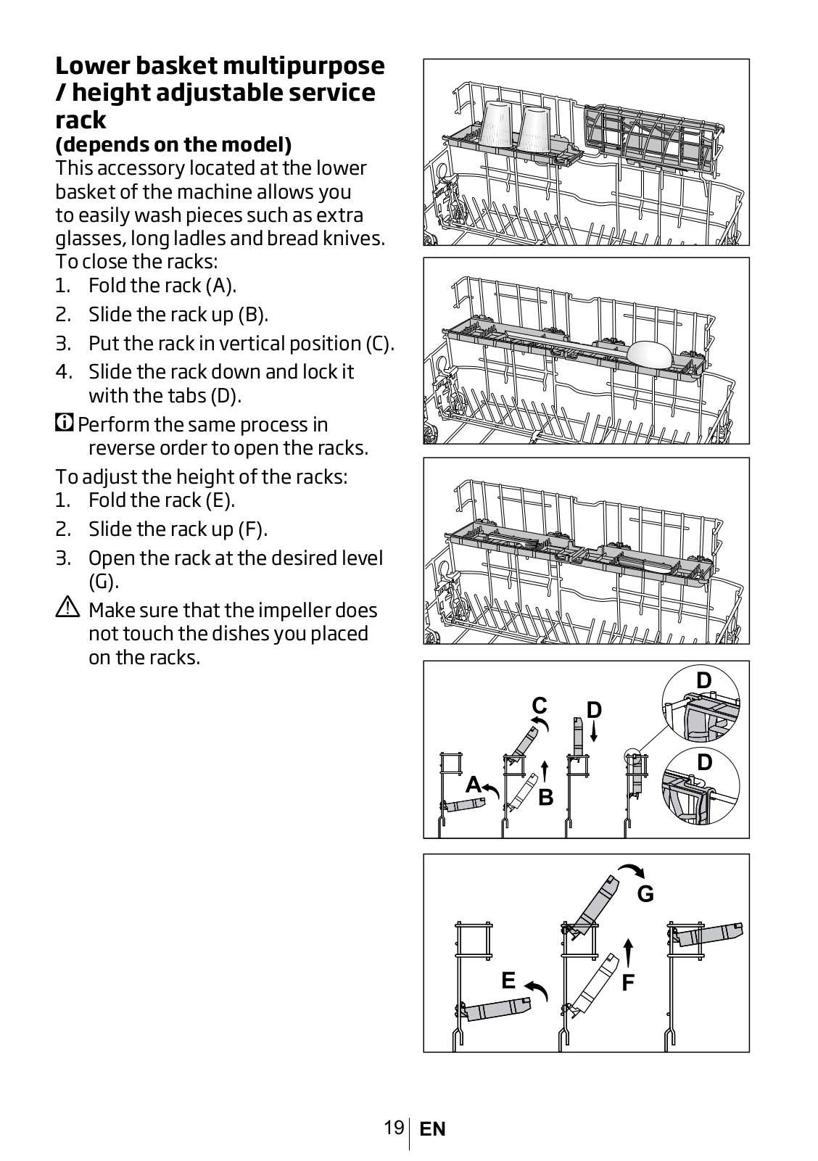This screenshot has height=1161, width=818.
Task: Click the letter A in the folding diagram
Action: tap(473, 785)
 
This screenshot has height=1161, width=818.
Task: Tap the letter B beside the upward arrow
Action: tap(545, 798)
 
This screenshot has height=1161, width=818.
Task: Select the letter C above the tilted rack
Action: tap(539, 706)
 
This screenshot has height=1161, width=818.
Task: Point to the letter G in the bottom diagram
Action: tap(645, 894)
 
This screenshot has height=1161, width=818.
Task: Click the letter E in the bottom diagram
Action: tap(508, 980)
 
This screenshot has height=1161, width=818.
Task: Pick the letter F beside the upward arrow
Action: tap(628, 983)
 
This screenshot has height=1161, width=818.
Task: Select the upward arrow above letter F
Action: tap(628, 952)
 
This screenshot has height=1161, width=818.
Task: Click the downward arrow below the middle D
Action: tap(594, 732)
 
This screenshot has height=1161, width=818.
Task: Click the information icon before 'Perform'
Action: tap(64, 423)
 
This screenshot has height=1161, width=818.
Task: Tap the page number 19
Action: tap(394, 1128)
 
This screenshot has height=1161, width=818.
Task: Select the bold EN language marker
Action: tap(432, 1129)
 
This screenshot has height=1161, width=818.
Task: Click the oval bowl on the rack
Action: tap(650, 355)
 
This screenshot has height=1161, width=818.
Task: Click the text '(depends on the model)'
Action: tap(173, 144)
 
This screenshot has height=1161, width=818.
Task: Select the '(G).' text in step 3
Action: tap(104, 582)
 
